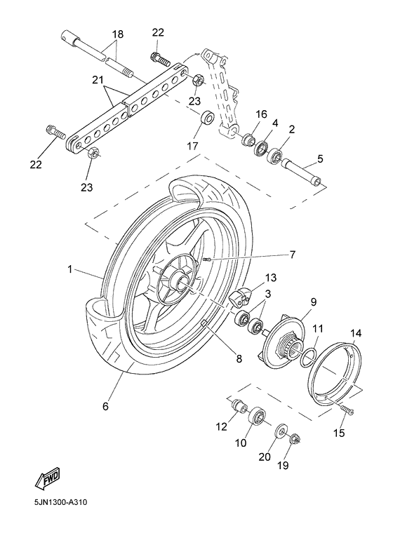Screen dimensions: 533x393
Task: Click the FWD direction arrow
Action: (x=48, y=480)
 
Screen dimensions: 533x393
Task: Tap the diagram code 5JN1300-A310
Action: (x=60, y=503)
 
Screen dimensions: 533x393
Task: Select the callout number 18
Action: (x=117, y=34)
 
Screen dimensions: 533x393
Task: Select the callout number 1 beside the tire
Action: (x=70, y=269)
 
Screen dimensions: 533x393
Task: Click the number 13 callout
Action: (x=270, y=278)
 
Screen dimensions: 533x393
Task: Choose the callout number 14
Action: (x=356, y=333)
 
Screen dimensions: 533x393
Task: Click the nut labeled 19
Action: (x=298, y=440)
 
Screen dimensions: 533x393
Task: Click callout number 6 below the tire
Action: (x=106, y=406)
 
